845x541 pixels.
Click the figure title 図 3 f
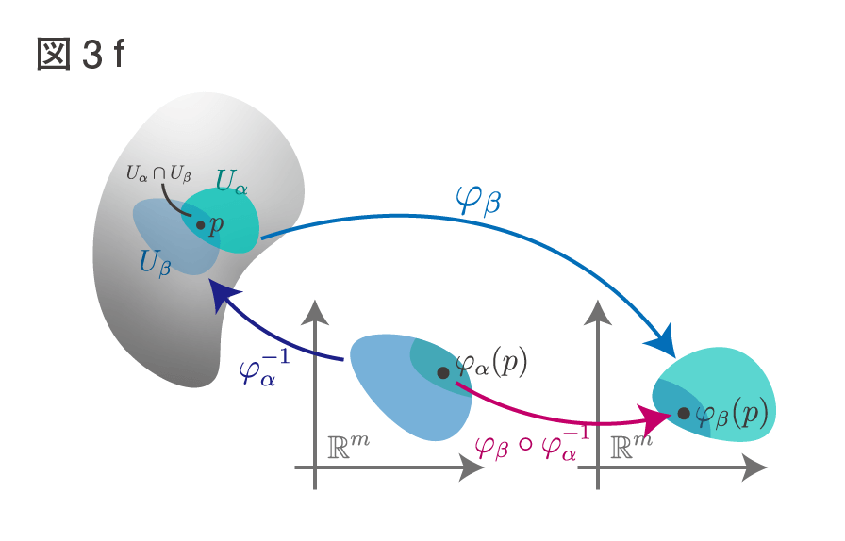click(x=81, y=54)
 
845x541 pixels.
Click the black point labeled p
click(x=201, y=225)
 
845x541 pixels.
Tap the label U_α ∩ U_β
click(x=158, y=173)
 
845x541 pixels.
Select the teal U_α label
click(x=232, y=182)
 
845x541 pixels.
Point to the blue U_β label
click(x=155, y=263)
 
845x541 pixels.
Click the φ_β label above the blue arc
click(x=478, y=200)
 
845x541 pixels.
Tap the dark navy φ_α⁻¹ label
click(x=263, y=368)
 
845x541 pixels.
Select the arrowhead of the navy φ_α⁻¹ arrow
click(x=224, y=295)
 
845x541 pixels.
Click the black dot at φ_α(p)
click(x=443, y=373)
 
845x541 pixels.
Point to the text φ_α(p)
click(x=491, y=364)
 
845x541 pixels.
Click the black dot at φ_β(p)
click(x=684, y=414)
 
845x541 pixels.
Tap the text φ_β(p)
click(x=731, y=415)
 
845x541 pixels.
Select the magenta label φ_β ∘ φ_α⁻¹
click(x=531, y=444)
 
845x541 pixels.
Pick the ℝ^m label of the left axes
click(x=348, y=447)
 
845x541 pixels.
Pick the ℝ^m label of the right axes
click(x=632, y=447)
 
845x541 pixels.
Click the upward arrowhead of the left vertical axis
click(x=315, y=313)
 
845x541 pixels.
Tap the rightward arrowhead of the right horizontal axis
click(x=754, y=467)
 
